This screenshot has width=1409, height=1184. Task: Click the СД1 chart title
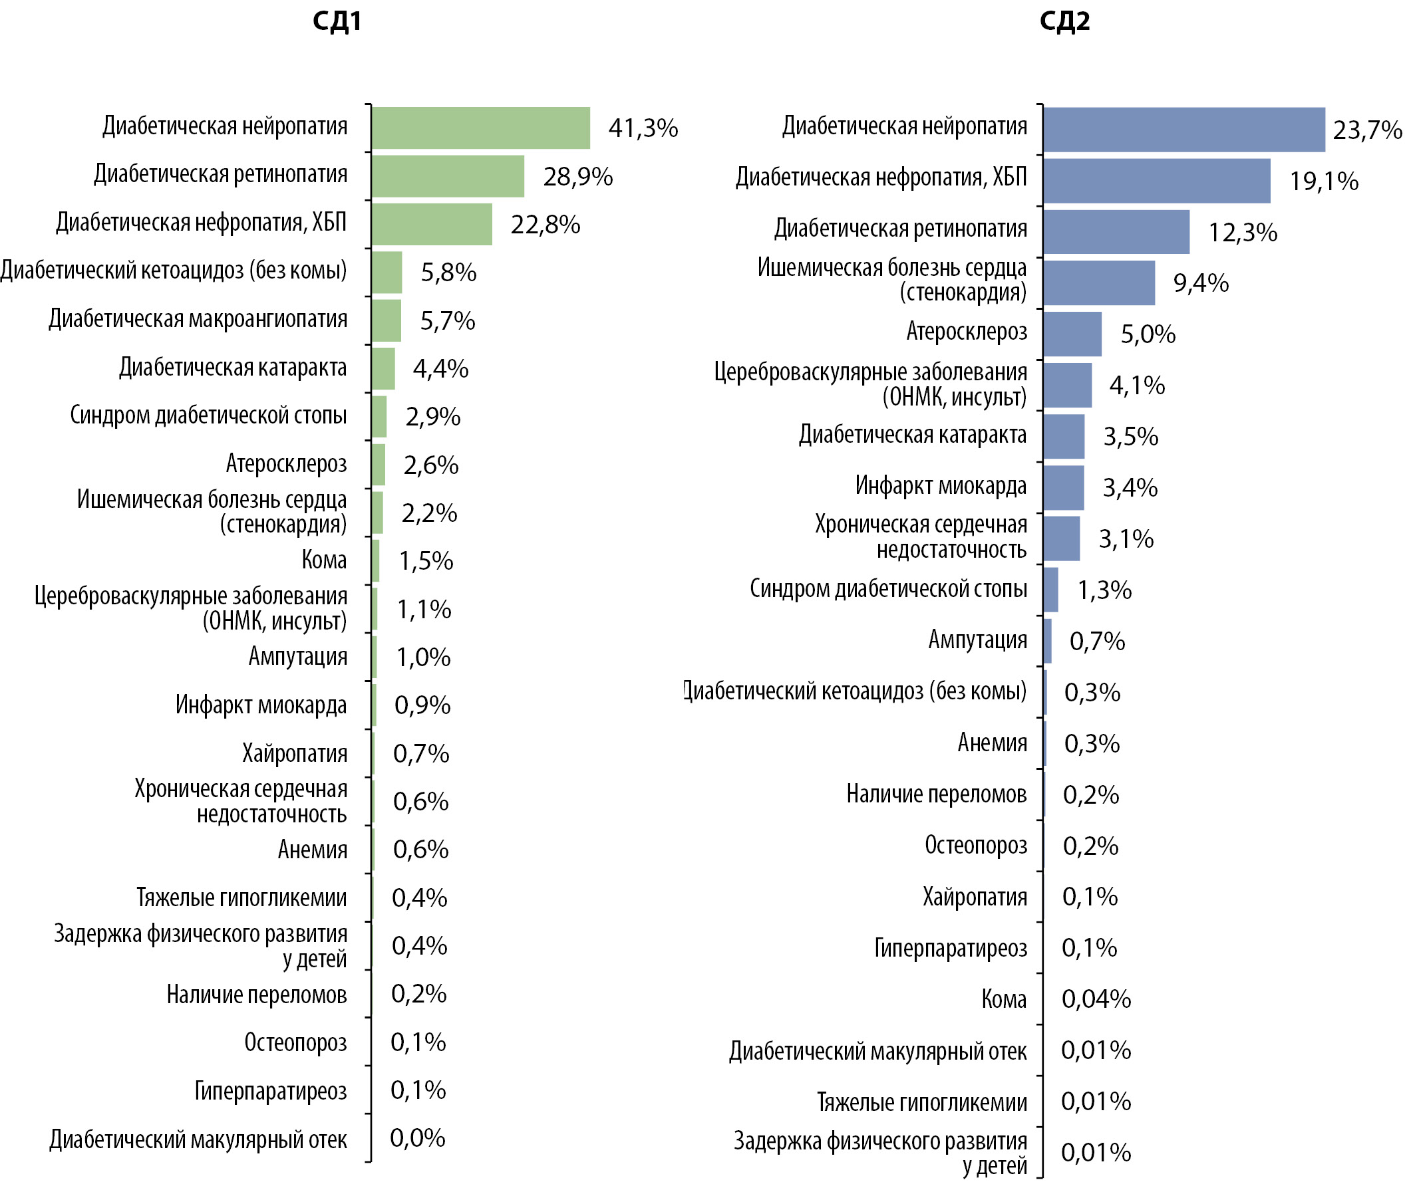[x=337, y=21]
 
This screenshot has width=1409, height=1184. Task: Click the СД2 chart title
[x=1064, y=21]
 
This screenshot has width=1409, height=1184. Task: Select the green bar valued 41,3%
[x=481, y=128]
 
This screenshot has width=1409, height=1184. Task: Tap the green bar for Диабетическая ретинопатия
[x=448, y=176]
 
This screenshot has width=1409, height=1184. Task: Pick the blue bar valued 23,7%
[x=1184, y=129]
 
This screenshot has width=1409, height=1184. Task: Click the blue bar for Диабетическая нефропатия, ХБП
[x=1156, y=181]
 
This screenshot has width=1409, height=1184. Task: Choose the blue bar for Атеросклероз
[x=1072, y=334]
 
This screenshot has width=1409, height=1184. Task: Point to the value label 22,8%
[x=546, y=225]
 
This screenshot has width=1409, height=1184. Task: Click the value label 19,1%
[x=1324, y=181]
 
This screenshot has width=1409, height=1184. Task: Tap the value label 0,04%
[x=1096, y=999]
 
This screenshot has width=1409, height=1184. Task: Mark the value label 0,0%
[x=417, y=1137]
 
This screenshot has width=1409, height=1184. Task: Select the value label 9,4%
[x=1201, y=283]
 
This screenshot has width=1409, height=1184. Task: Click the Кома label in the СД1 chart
[x=324, y=560]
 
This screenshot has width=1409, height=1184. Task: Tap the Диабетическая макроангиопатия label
[x=198, y=319]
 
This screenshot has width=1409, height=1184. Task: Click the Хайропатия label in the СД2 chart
[x=975, y=896]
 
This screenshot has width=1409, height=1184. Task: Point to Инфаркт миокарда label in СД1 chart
[x=261, y=705]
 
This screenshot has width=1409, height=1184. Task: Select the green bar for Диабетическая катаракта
[x=383, y=368]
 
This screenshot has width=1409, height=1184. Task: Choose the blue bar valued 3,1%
[x=1061, y=538]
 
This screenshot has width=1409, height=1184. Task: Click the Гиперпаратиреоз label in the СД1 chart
[x=271, y=1091]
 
